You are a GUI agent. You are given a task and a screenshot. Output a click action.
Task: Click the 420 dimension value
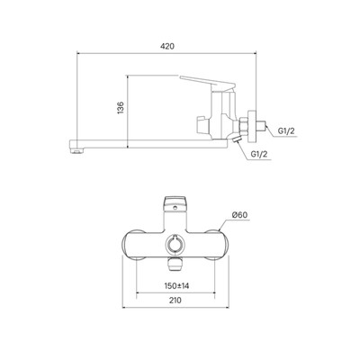point(167,46)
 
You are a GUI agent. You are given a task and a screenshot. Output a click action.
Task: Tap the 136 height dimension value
point(121,108)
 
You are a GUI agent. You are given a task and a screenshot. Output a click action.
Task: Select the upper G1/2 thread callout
point(286,131)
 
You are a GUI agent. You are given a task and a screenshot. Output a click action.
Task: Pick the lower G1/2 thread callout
point(259,155)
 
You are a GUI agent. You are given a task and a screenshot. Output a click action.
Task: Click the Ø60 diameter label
point(240,215)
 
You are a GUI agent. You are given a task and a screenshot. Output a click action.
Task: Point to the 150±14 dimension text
point(176,286)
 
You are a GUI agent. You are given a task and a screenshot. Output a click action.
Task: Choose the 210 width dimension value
point(175,301)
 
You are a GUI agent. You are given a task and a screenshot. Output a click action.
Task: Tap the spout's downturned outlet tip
point(77,151)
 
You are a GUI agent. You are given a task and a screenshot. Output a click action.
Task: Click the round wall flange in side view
point(252,126)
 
